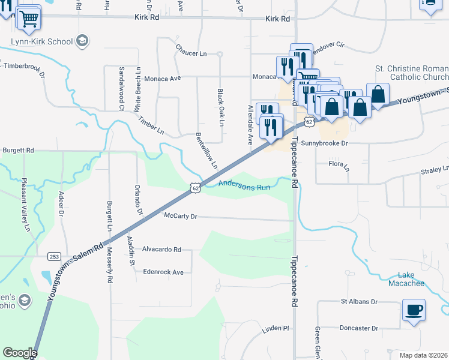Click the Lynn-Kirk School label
click(x=41, y=42)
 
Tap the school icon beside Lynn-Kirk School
click(x=83, y=41)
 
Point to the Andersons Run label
click(x=244, y=186)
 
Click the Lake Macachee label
click(x=406, y=279)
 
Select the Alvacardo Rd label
click(x=161, y=249)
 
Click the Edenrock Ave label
click(x=163, y=272)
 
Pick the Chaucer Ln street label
click(x=191, y=53)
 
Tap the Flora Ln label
click(x=339, y=163)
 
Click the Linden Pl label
click(x=276, y=329)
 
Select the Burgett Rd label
click(x=17, y=151)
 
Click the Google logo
click(x=20, y=353)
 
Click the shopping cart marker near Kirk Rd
click(x=28, y=19)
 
